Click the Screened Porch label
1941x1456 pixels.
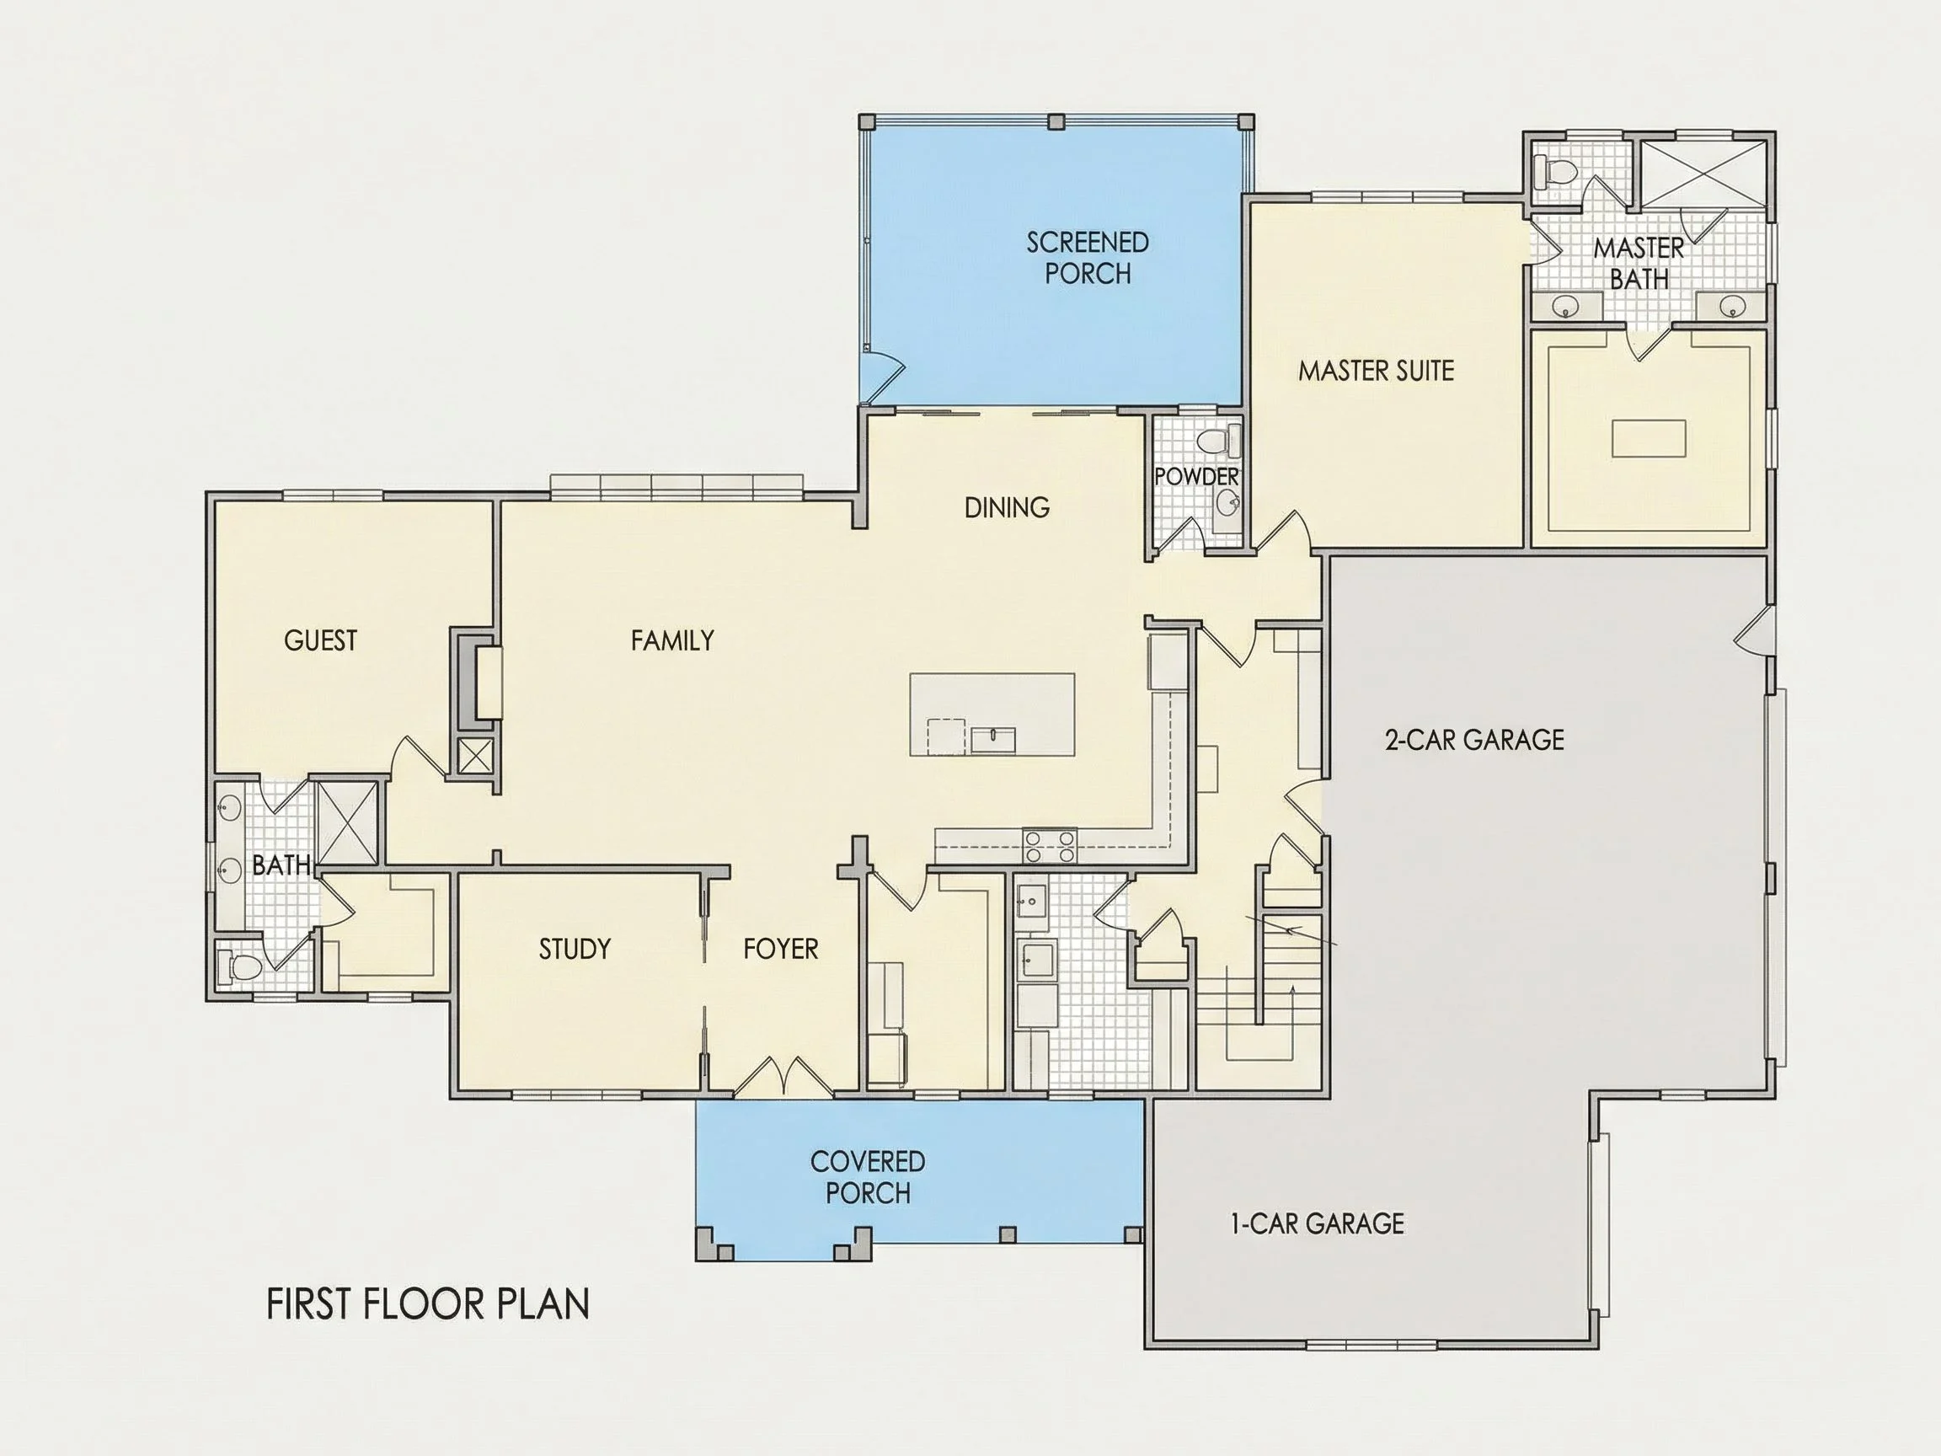click(x=1088, y=258)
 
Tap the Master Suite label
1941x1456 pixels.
click(x=1376, y=372)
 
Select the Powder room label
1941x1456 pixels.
click(x=1196, y=477)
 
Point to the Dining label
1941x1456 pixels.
click(x=1007, y=507)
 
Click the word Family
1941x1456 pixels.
click(x=672, y=640)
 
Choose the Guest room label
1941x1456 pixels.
click(x=320, y=640)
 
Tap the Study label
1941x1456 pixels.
click(x=574, y=949)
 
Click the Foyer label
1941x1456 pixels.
click(x=780, y=949)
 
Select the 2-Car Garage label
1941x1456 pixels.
click(x=1474, y=740)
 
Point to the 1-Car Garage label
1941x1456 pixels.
click(x=1316, y=1223)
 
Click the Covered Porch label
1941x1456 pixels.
click(x=867, y=1178)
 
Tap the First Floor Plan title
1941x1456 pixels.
click(x=427, y=1304)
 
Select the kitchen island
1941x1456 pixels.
click(x=992, y=714)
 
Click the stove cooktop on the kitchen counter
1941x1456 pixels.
click(x=1050, y=846)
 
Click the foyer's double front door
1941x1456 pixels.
click(x=783, y=1076)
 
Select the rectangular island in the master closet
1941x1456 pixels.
click(x=1649, y=438)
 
